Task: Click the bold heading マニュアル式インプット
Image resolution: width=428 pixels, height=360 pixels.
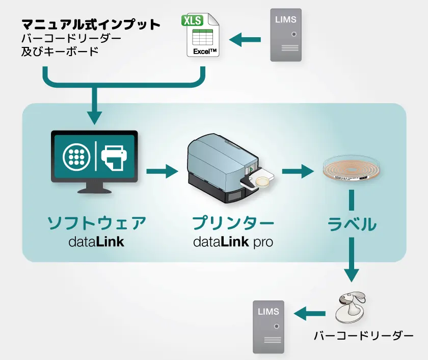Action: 91,24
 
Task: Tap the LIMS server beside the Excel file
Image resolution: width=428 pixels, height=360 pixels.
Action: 286,35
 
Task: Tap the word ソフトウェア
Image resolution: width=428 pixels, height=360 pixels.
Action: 97,223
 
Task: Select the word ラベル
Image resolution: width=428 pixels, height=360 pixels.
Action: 352,224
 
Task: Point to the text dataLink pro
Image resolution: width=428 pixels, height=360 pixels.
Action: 233,241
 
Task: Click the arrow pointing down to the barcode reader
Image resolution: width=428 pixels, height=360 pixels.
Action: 352,263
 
